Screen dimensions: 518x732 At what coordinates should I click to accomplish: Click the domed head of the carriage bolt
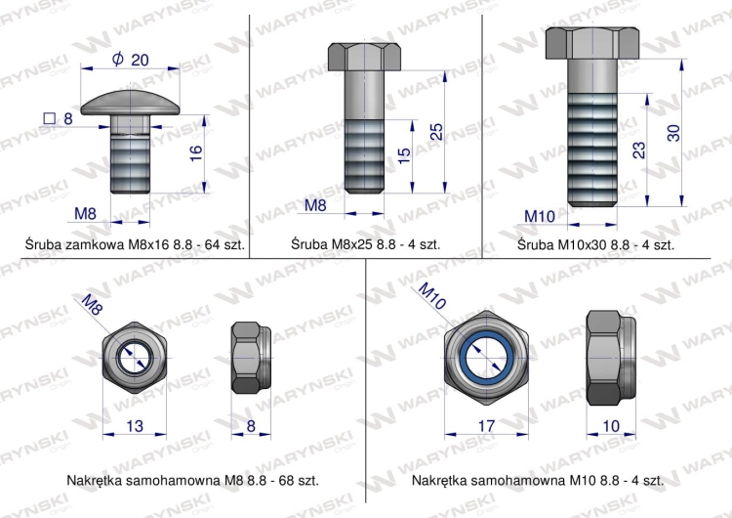point(130,102)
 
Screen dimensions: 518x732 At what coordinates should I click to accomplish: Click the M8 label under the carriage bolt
point(88,212)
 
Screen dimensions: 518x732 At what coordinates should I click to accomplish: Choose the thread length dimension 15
point(403,156)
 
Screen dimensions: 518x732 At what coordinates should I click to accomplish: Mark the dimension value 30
point(672,133)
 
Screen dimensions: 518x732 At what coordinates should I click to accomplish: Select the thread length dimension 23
point(638,150)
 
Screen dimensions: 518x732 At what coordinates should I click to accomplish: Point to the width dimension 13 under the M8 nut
point(135,425)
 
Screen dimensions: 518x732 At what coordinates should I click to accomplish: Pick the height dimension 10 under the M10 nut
point(611,425)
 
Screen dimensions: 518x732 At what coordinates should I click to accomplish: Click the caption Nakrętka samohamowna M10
point(538,481)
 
